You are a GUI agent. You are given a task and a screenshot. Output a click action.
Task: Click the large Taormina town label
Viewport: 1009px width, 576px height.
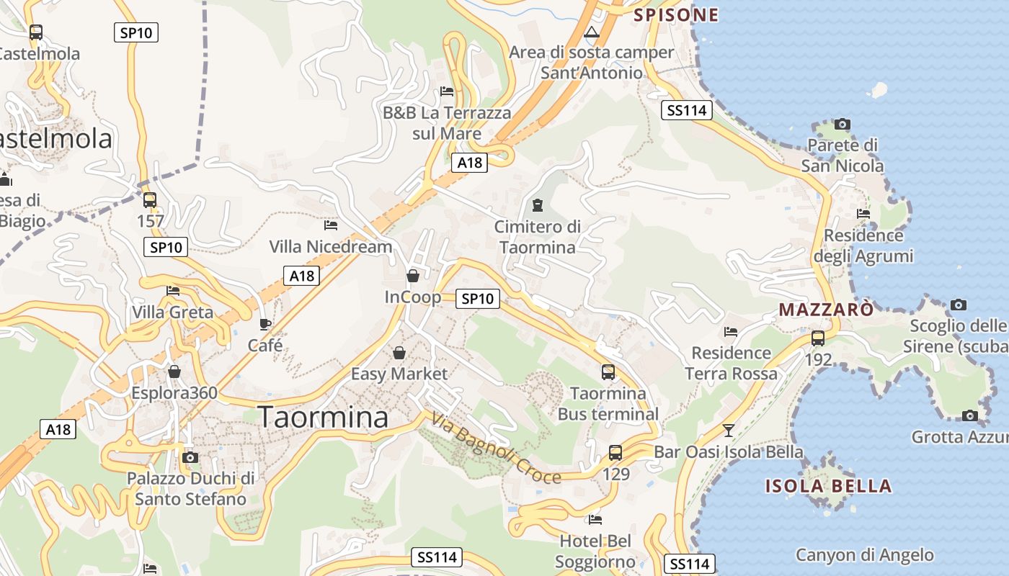pyautogui.click(x=323, y=418)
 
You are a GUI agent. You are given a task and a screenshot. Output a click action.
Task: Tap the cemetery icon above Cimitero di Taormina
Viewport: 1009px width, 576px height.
pyautogui.click(x=537, y=205)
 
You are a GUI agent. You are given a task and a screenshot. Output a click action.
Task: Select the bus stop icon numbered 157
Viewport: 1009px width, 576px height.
pyautogui.click(x=150, y=200)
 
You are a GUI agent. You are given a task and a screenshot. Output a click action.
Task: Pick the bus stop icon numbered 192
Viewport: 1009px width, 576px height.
pyautogui.click(x=818, y=338)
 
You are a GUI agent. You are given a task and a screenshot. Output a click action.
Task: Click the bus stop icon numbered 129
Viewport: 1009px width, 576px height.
pyautogui.click(x=615, y=453)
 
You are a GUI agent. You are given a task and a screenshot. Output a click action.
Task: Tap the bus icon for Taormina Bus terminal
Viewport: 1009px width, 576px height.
pyautogui.click(x=608, y=372)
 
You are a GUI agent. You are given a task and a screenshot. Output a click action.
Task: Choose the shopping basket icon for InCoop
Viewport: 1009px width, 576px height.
pyautogui.click(x=413, y=276)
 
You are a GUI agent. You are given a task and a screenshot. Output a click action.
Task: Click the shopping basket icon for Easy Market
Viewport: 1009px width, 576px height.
pyautogui.click(x=399, y=353)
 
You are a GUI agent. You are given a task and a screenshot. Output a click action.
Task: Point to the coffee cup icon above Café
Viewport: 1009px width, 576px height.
pyautogui.click(x=265, y=324)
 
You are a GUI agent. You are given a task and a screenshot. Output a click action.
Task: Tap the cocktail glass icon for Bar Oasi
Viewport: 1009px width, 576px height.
pyautogui.click(x=729, y=431)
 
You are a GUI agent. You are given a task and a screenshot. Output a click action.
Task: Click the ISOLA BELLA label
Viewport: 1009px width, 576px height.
pyautogui.click(x=828, y=486)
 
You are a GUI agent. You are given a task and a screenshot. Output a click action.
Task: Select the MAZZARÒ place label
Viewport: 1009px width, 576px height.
pyautogui.click(x=826, y=310)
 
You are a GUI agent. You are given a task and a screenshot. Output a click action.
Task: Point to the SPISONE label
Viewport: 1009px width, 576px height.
pyautogui.click(x=676, y=15)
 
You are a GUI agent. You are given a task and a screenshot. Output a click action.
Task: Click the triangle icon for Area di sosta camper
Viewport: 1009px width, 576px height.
pyautogui.click(x=592, y=32)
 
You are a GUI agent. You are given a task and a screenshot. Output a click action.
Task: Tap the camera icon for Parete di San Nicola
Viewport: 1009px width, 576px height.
pyautogui.click(x=842, y=125)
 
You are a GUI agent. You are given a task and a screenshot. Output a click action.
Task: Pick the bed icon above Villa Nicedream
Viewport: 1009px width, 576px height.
pyautogui.click(x=331, y=225)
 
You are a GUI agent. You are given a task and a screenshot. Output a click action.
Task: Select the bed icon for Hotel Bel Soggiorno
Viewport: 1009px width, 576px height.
pyautogui.click(x=595, y=519)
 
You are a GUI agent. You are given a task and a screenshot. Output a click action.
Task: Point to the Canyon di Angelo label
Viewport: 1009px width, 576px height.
pyautogui.click(x=865, y=555)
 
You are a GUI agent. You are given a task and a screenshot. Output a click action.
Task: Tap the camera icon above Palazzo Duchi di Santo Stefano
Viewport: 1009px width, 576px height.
pyautogui.click(x=190, y=457)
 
